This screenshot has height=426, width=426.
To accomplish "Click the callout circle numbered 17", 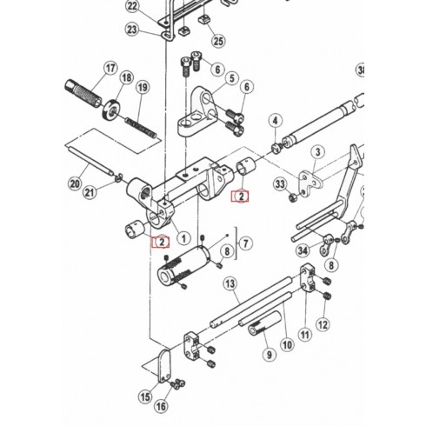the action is coord(110,69).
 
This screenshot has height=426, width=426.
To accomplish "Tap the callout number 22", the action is coord(132,6).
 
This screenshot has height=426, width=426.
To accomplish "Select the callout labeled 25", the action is coord(218,41).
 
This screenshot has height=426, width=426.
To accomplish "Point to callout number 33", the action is coord(280,183).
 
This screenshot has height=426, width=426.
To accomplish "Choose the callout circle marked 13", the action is coord(230,283).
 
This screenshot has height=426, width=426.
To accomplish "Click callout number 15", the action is coord(145,396).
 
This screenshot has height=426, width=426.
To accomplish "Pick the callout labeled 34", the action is coord(303,250).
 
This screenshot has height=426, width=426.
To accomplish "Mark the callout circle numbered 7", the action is coord(246,243).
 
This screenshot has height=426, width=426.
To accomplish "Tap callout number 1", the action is coord(183,238).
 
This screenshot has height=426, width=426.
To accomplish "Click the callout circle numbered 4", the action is coord(276,121).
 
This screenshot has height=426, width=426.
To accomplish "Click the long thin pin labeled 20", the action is coord(90,162).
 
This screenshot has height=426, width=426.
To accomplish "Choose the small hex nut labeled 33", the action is coord(292,198).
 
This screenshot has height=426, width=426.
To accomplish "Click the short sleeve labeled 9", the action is coord(264,323).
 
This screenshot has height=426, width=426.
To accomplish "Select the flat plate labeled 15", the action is coord(164,366).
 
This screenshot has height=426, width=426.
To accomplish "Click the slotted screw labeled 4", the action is coord(276,148).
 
